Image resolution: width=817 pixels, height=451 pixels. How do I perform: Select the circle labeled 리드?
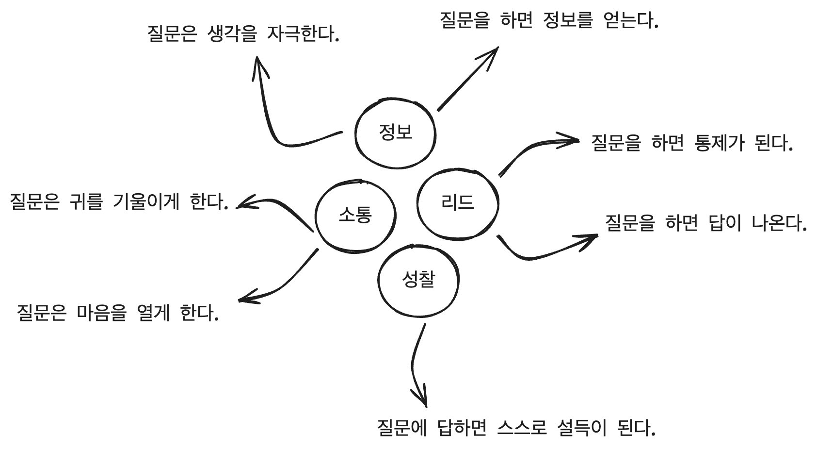458,203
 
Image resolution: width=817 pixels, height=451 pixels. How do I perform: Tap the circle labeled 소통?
355,215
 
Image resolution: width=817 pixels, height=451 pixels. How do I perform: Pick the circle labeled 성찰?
418,280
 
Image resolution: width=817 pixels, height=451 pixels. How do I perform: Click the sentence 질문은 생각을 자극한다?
242,34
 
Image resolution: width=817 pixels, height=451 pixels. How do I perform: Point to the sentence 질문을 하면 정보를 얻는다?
549,21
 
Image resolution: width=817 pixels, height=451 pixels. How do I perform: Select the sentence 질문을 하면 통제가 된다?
691,143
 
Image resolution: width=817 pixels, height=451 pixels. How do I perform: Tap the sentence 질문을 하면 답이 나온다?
705,223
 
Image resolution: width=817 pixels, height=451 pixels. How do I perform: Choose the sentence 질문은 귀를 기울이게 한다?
119,201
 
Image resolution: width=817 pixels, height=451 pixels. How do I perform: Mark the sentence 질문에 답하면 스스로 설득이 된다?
516,428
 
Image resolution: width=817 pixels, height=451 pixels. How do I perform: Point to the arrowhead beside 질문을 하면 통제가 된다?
572,141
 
